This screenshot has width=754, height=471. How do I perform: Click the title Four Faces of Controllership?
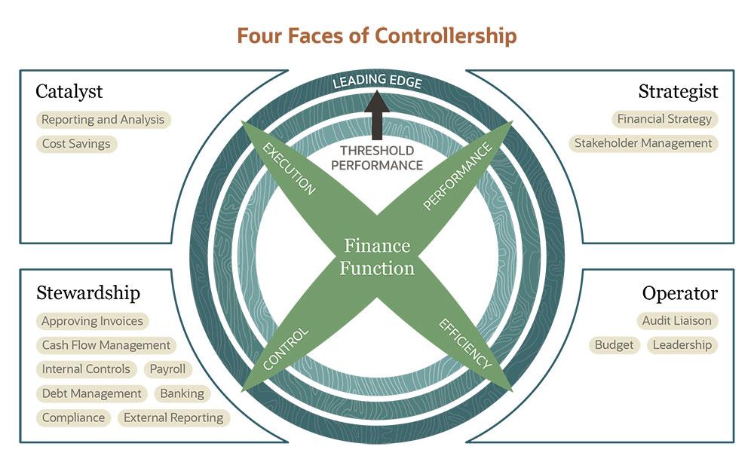click(x=377, y=35)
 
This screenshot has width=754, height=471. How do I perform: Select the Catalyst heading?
click(x=69, y=92)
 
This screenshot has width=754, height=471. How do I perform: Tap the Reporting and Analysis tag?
click(x=103, y=120)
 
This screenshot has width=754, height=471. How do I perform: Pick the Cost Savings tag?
click(x=75, y=144)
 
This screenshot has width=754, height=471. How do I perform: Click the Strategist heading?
click(x=678, y=92)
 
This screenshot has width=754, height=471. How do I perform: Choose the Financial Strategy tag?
click(x=664, y=119)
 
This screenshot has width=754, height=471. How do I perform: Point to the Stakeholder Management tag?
click(x=643, y=143)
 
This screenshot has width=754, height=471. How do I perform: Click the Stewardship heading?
click(x=88, y=292)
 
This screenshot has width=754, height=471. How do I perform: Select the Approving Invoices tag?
click(x=92, y=321)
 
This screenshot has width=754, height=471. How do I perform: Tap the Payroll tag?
click(x=167, y=369)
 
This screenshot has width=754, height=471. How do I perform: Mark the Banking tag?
click(x=182, y=393)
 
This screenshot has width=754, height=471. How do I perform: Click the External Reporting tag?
click(x=173, y=417)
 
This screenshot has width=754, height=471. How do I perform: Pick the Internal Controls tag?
click(x=87, y=369)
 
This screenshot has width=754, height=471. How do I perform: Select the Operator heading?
click(x=680, y=293)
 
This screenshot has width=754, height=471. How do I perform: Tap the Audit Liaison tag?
click(x=676, y=321)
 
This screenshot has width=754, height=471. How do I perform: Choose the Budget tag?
click(x=614, y=345)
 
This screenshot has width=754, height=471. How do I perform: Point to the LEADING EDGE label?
click(x=377, y=81)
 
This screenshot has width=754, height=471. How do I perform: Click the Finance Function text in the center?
click(x=377, y=257)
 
